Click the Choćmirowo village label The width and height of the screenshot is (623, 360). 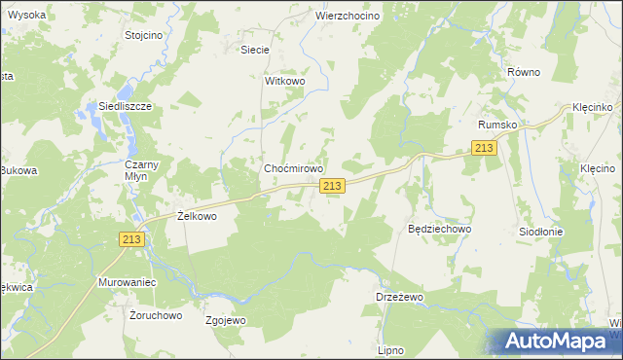point(294,168)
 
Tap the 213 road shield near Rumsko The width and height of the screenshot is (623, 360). point(484,147)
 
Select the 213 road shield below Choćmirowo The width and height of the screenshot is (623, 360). point(332,186)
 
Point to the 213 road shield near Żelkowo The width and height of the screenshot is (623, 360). point(133,239)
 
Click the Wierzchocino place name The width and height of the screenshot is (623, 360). point(347,17)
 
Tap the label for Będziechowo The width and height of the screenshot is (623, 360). point(439,229)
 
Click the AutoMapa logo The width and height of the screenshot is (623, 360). point(555,341)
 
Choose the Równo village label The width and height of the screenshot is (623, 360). point(523,72)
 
